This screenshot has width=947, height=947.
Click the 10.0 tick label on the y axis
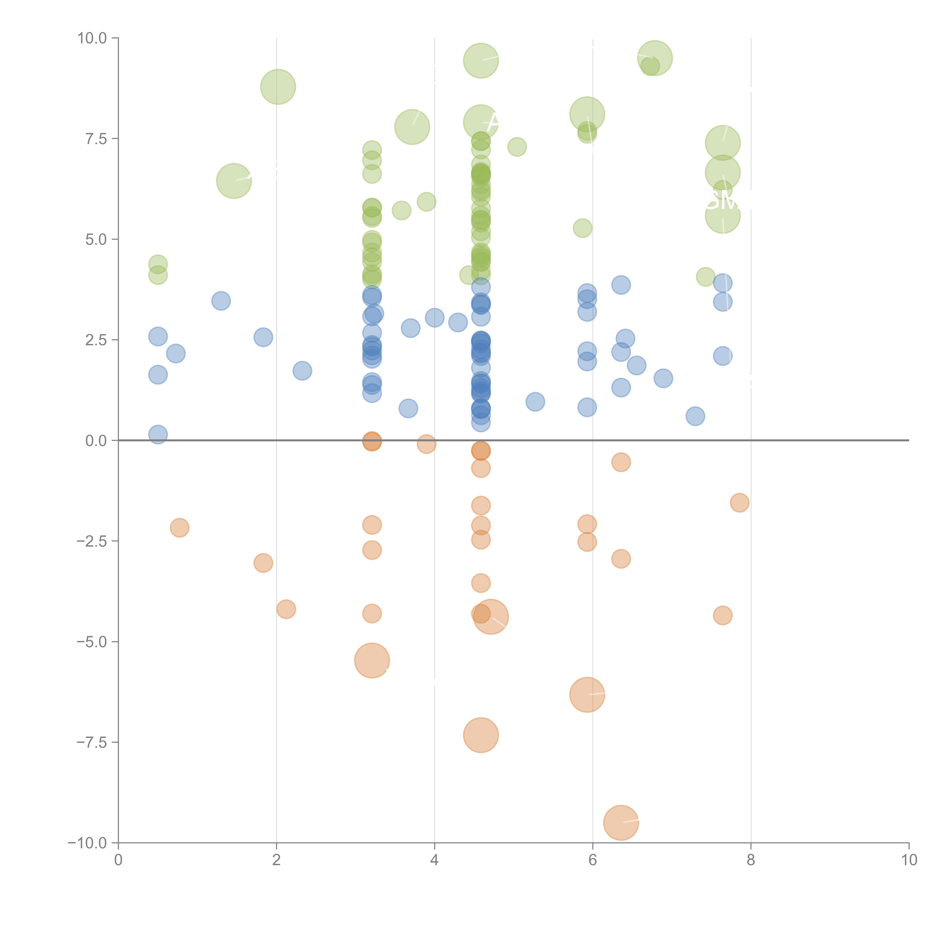pyautogui.click(x=92, y=38)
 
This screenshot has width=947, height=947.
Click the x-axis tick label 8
pyautogui.click(x=751, y=861)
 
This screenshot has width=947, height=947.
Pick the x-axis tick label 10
pyautogui.click(x=909, y=861)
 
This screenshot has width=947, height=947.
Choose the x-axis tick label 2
pyautogui.click(x=277, y=861)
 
